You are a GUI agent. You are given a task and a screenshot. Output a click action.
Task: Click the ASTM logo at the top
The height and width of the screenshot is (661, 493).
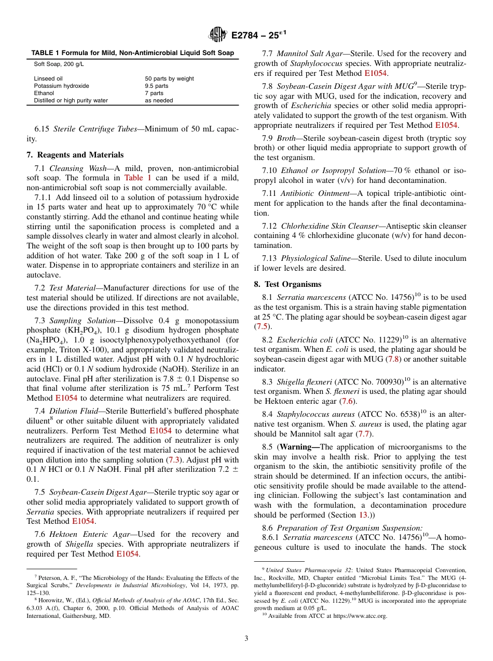[217, 34]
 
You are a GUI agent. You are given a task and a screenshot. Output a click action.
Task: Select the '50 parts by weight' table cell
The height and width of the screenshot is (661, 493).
[169, 78]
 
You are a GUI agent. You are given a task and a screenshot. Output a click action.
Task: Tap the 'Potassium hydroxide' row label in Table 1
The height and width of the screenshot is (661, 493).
[61, 86]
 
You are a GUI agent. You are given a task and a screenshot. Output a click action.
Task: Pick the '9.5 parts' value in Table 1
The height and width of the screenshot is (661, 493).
[157, 86]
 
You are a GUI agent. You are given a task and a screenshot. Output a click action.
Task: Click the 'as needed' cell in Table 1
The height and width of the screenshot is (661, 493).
[159, 100]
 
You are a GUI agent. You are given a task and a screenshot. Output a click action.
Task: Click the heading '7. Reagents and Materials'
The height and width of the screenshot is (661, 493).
[75, 155]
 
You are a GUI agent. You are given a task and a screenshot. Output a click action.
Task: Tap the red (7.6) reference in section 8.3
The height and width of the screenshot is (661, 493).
[348, 401]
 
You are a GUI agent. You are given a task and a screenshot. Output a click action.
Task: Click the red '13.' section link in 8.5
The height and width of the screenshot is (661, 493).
[364, 515]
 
